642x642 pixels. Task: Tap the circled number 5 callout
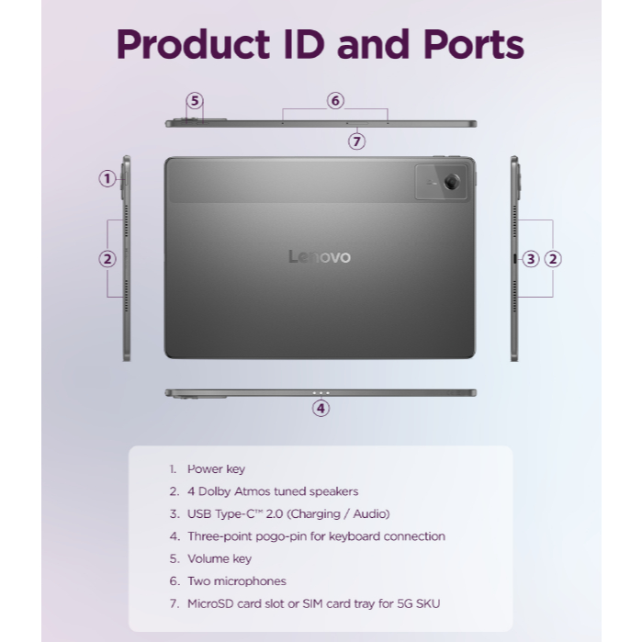click(x=195, y=101)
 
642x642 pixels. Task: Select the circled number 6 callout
click(x=335, y=101)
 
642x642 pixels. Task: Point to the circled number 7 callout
click(x=357, y=141)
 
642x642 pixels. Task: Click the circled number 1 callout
click(x=107, y=179)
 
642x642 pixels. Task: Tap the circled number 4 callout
click(x=321, y=409)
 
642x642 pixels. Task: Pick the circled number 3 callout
click(x=531, y=259)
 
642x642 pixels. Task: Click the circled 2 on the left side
click(x=107, y=259)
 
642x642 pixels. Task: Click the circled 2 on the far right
click(x=553, y=259)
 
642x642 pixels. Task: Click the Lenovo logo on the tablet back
click(x=320, y=257)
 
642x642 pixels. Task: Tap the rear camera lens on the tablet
click(x=451, y=183)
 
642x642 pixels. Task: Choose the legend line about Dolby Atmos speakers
click(x=272, y=491)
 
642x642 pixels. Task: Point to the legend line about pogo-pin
click(x=315, y=536)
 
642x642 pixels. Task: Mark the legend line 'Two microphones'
click(x=236, y=581)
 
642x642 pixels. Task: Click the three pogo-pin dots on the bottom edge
click(x=321, y=393)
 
